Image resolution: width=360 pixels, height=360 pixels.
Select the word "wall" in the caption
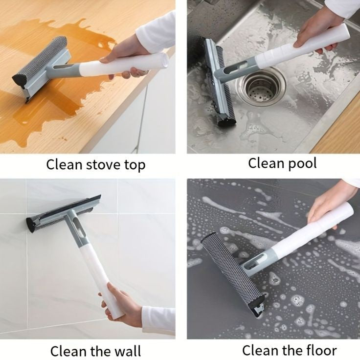[x=128, y=351]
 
